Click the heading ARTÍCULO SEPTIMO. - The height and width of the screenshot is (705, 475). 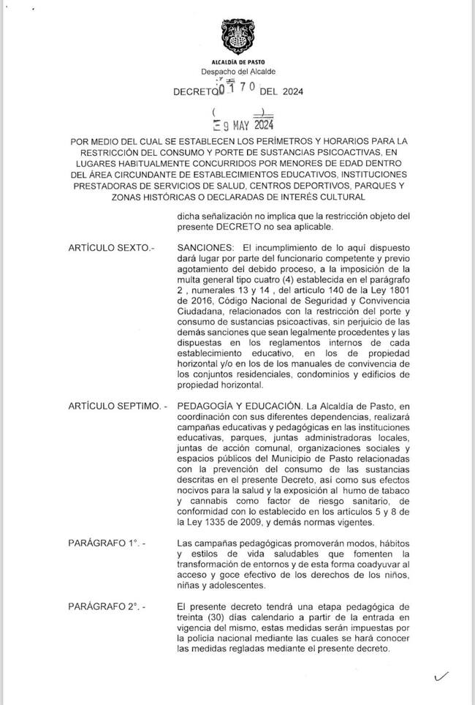pyautogui.click(x=117, y=405)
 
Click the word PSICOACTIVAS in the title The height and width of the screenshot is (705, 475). pyautogui.click(x=362, y=151)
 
